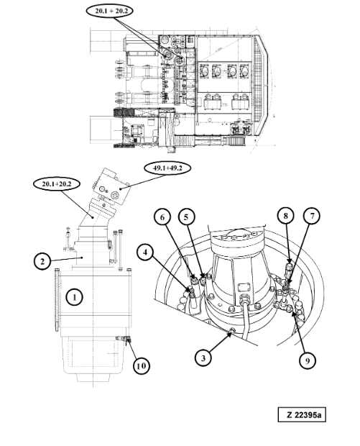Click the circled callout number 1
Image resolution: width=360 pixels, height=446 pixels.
(x=75, y=297)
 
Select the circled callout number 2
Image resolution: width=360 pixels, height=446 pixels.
(x=42, y=261)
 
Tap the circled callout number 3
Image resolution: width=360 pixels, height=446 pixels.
(x=203, y=358)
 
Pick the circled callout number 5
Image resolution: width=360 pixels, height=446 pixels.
(x=186, y=217)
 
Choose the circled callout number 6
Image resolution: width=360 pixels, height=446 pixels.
(x=162, y=217)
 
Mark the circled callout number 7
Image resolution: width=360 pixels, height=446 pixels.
(x=312, y=216)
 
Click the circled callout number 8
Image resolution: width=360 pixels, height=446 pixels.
(x=285, y=216)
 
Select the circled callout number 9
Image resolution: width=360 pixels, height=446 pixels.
(x=308, y=360)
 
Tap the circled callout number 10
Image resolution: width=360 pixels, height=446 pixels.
(x=142, y=365)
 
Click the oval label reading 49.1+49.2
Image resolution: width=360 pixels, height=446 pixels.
(x=167, y=168)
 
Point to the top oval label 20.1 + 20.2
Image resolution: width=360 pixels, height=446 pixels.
(x=109, y=11)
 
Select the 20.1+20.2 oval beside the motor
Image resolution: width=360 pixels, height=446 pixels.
(x=57, y=183)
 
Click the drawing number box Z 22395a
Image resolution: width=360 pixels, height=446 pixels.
(x=302, y=415)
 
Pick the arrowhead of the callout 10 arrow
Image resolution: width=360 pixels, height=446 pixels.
(x=128, y=340)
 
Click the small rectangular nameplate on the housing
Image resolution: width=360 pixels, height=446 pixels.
(x=243, y=287)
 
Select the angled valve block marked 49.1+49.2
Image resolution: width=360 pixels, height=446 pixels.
(x=111, y=186)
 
